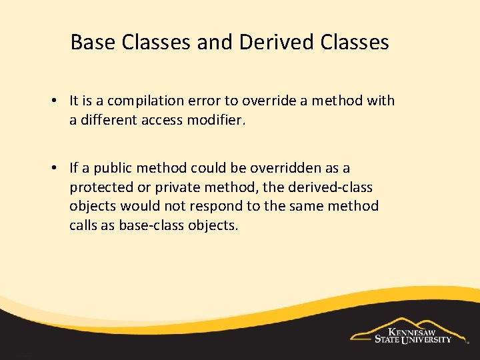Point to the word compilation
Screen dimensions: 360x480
[x=140, y=101]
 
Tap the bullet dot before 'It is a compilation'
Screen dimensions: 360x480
[x=52, y=101]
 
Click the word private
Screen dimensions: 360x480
[x=171, y=187]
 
